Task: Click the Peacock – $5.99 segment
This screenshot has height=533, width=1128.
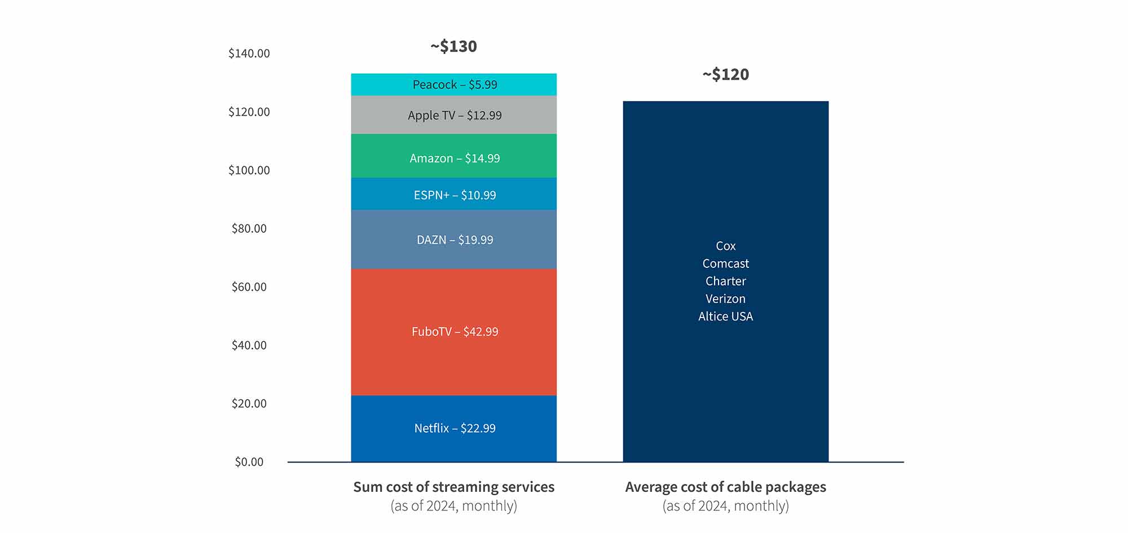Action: pos(454,85)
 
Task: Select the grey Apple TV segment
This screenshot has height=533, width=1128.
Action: pos(454,115)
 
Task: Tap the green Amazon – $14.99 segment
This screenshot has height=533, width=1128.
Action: pos(454,158)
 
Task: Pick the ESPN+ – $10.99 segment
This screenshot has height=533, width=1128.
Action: pos(454,195)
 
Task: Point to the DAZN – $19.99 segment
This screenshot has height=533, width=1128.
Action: pos(454,240)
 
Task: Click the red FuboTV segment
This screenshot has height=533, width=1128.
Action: pos(454,332)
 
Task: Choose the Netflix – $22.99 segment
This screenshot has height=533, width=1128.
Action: pos(454,428)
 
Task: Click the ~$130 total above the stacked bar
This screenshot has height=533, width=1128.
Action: pos(454,46)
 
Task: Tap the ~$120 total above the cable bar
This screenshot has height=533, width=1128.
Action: pos(726,74)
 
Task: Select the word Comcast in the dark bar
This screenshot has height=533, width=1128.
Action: pos(726,263)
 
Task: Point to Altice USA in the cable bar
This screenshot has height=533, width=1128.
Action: pos(726,316)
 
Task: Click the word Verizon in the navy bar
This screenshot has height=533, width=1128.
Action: pos(726,299)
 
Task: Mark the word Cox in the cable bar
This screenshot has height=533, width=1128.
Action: pos(726,246)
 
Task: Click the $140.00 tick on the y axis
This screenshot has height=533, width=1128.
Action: pos(249,54)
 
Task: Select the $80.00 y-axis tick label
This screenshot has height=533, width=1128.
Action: pos(249,228)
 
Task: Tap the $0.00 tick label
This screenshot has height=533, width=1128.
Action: pos(249,462)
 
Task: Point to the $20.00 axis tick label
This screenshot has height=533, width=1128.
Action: pos(249,403)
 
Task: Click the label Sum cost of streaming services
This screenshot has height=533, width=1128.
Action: pos(454,487)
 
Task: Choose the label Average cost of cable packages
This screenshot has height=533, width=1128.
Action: pos(726,487)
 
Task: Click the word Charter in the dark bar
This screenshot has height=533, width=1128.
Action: pos(726,281)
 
